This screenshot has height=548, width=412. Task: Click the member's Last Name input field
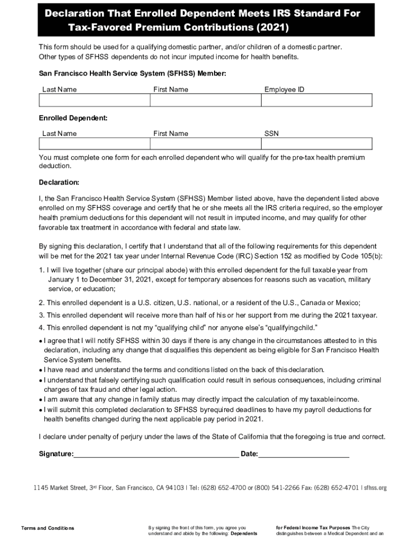point(94,101)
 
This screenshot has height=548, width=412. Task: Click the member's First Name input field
point(205,101)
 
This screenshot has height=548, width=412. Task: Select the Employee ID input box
point(317,101)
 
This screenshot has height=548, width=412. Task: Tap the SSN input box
point(317,144)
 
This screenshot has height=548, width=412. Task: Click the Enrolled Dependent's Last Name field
point(94,144)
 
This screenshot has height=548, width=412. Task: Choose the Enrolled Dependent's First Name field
point(205,144)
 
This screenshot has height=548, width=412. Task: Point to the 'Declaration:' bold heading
point(59,182)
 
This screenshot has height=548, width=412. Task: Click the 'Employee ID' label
point(284,89)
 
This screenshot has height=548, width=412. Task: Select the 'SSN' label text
point(271,133)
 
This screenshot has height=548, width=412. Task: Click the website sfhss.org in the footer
point(375,488)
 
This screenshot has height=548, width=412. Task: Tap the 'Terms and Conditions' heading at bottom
point(48,528)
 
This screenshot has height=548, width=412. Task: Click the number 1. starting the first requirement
point(41,270)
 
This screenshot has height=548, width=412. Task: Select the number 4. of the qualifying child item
point(41,328)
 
